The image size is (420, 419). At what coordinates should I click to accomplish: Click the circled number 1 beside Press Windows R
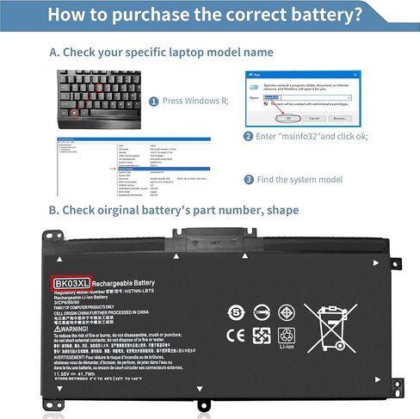pos(155,101)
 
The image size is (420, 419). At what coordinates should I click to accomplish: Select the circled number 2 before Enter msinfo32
pos(248,136)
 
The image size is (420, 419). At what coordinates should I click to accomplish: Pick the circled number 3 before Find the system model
pos(248,180)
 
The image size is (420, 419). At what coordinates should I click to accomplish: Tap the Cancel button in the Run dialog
pos(314,118)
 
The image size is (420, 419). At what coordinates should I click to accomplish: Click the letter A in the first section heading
pos(54,52)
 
